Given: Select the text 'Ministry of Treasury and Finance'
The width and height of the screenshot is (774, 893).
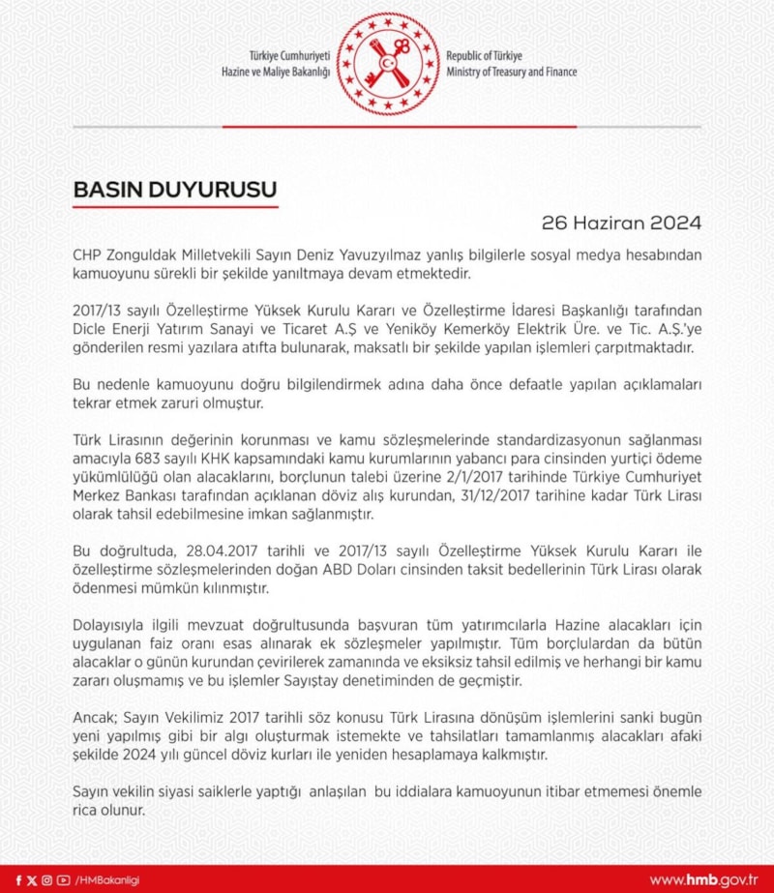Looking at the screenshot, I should [512, 73].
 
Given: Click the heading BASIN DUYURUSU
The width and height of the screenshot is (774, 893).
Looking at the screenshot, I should [175, 190].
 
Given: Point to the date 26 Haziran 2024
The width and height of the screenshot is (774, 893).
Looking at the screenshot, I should [621, 223].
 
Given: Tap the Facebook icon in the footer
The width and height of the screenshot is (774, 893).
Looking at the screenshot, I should [18, 879].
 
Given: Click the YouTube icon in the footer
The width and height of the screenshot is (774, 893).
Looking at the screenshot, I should [63, 879].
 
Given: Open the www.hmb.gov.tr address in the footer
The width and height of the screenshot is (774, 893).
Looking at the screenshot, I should [702, 879].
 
